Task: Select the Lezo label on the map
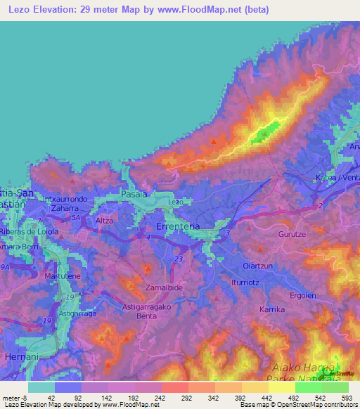coord(176,202)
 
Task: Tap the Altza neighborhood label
coord(104,220)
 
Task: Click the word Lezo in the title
coord(21,9)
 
